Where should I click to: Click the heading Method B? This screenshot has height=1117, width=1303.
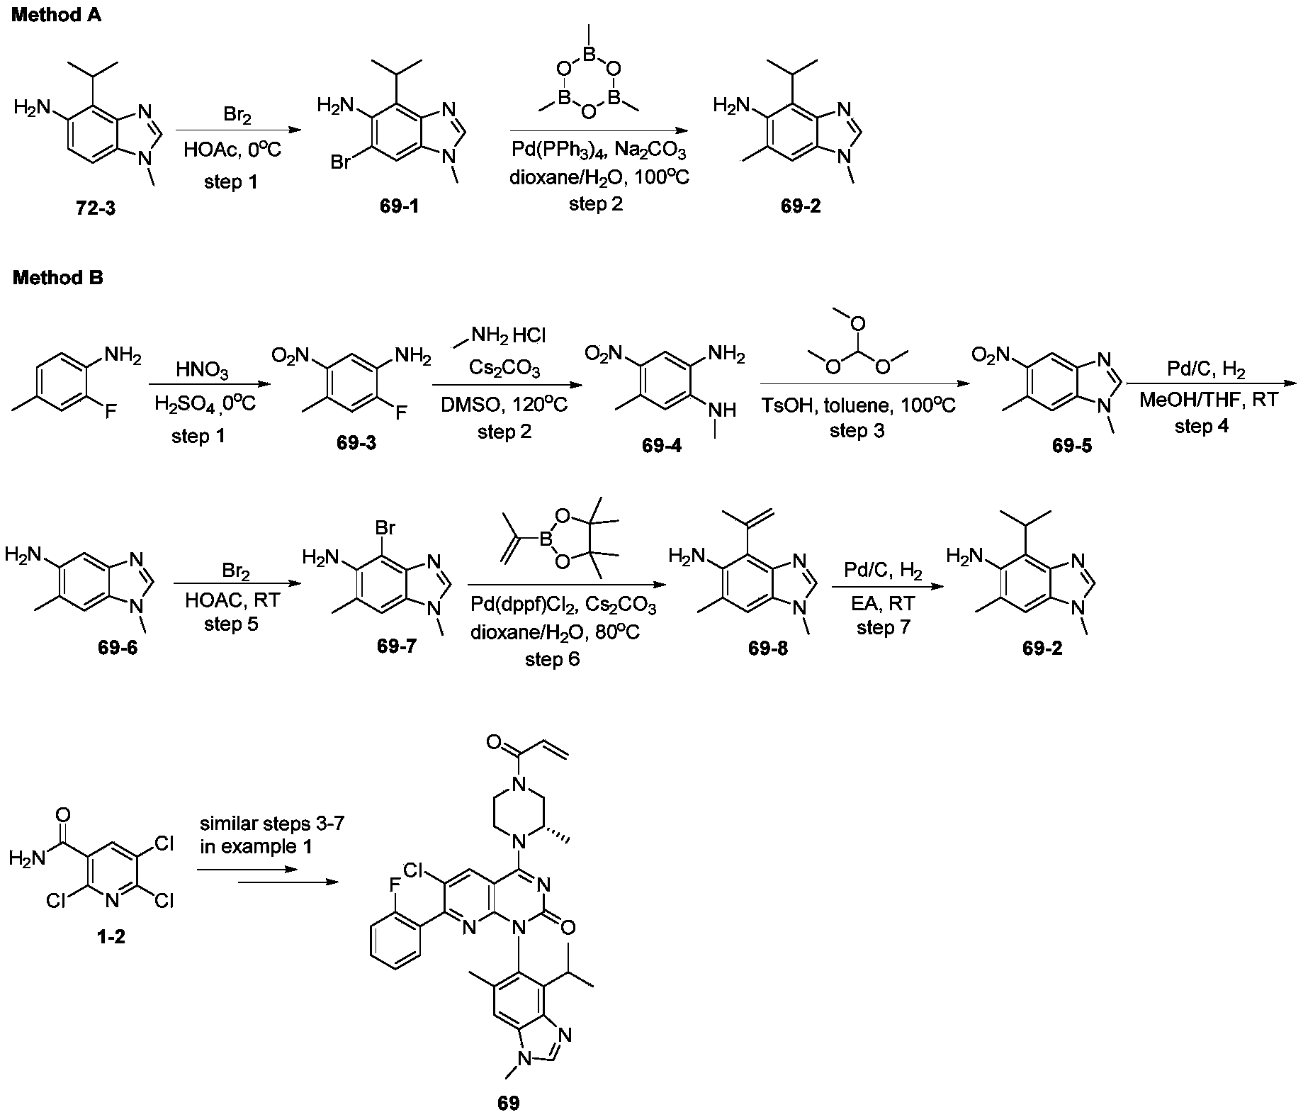[57, 279]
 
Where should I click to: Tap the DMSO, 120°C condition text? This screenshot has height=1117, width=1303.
[504, 406]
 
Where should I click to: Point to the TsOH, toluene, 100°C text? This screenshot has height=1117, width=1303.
[858, 406]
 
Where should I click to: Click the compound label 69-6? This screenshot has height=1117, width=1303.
[118, 648]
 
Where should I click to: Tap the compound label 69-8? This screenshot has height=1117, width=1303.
[768, 649]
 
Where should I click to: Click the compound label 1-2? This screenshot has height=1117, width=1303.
[112, 937]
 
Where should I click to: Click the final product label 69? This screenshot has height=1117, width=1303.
[509, 1103]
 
